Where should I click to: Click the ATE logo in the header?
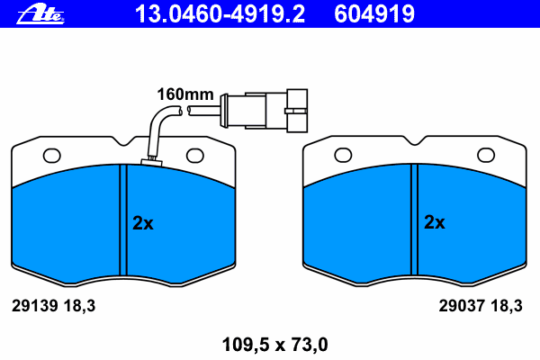(x=40, y=15)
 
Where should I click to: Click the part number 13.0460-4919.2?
(x=220, y=14)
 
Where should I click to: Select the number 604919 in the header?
(x=374, y=14)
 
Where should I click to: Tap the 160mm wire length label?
(x=185, y=94)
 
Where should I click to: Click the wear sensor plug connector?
(x=265, y=111)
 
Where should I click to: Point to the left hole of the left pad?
(x=51, y=156)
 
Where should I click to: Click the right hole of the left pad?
(x=195, y=156)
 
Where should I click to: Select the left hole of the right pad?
(x=343, y=156)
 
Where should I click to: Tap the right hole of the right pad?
(x=486, y=156)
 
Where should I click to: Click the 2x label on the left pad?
(x=143, y=223)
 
